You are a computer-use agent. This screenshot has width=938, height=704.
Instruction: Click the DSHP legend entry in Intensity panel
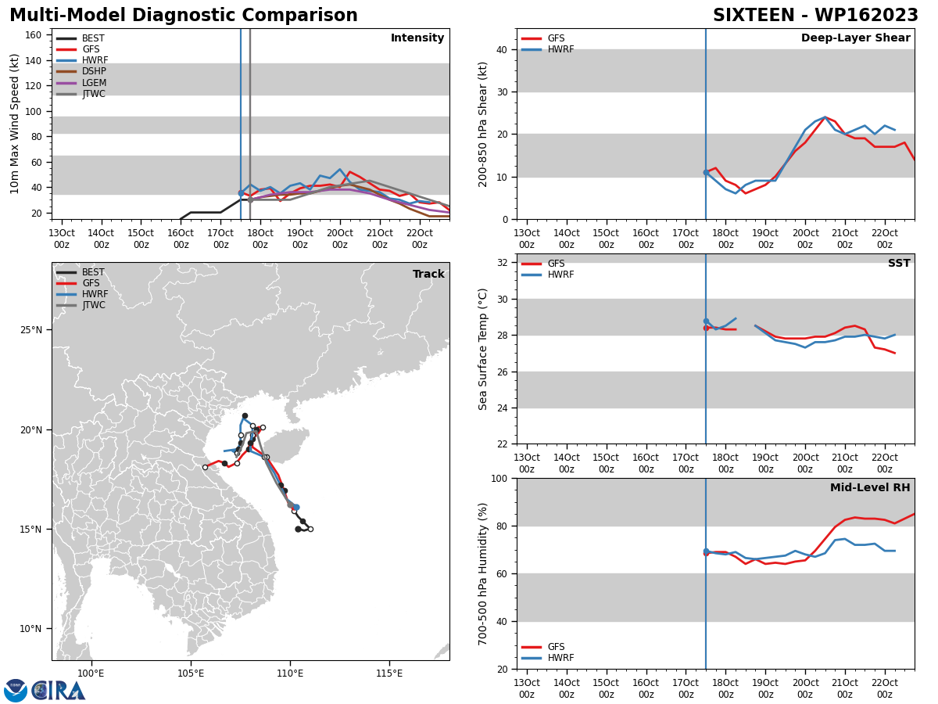click(81, 71)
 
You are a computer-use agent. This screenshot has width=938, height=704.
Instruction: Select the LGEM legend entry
click(81, 82)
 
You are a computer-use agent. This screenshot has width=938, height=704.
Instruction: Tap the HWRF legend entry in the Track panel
click(82, 294)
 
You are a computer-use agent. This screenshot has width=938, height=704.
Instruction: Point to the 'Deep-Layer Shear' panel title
click(855, 38)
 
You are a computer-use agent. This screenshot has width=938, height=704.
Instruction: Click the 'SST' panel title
click(899, 263)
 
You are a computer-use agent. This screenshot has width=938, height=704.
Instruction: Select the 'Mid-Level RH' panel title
click(870, 487)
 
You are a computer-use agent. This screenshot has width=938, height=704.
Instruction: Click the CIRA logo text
click(59, 691)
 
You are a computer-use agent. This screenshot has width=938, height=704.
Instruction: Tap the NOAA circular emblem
click(16, 691)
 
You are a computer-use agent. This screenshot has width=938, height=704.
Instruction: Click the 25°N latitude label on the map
click(31, 330)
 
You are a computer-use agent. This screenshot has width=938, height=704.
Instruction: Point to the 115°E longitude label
click(389, 673)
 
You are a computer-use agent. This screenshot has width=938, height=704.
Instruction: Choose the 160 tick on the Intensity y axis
click(33, 35)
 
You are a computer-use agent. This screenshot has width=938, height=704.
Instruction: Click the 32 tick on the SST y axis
click(502, 263)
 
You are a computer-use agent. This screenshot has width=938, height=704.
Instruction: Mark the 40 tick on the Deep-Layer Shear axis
click(502, 49)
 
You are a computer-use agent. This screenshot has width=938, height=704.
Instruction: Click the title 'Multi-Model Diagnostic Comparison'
click(184, 16)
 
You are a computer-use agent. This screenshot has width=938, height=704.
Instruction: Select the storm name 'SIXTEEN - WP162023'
click(815, 16)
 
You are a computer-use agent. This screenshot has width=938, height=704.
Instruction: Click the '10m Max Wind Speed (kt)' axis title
click(14, 124)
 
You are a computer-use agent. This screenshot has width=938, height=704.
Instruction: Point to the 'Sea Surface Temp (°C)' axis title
click(482, 349)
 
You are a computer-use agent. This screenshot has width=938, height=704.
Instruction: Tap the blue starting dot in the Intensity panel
click(241, 193)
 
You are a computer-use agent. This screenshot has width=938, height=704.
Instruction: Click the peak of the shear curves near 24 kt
click(825, 117)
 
